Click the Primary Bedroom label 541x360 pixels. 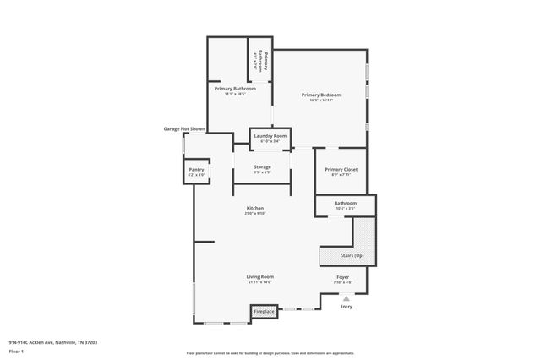point(321,95)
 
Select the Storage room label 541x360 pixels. point(262,167)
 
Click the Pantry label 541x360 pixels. point(196,170)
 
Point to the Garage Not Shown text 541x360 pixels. point(184,129)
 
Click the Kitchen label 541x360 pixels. point(255,208)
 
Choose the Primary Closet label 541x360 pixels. point(342,170)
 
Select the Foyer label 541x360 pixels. point(343,276)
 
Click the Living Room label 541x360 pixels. point(260,276)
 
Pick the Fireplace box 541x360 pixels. point(264,313)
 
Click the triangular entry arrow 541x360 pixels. point(346,297)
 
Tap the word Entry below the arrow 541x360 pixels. point(346,307)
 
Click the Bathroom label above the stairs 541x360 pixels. point(345,203)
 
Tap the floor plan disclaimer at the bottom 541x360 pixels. point(270,352)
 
